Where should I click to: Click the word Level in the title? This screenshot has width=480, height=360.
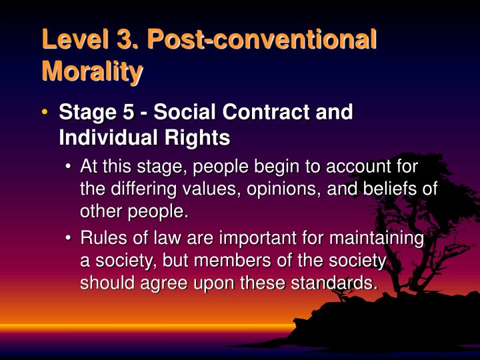72,39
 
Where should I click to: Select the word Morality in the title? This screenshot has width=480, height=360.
92,71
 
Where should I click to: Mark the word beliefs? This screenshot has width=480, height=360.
389,189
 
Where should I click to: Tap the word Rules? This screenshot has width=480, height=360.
103,238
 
